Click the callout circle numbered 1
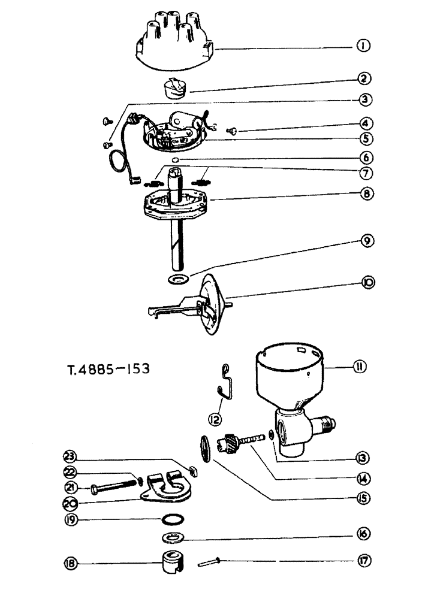click(x=363, y=46)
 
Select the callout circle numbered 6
click(x=363, y=158)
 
